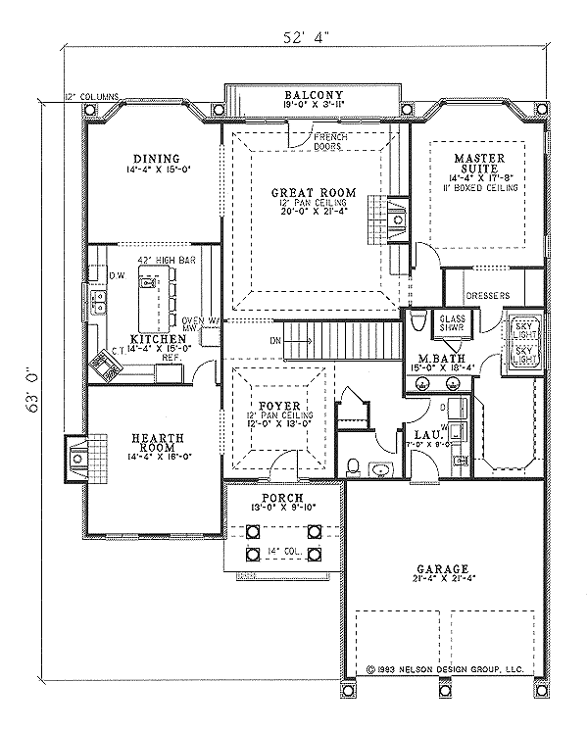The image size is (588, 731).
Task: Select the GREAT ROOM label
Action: [x=313, y=192]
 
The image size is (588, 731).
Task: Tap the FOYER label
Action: [x=280, y=405]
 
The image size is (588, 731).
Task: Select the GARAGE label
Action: [x=440, y=568]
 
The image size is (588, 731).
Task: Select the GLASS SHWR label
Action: [x=451, y=324]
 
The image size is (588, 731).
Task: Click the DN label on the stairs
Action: [x=277, y=340]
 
